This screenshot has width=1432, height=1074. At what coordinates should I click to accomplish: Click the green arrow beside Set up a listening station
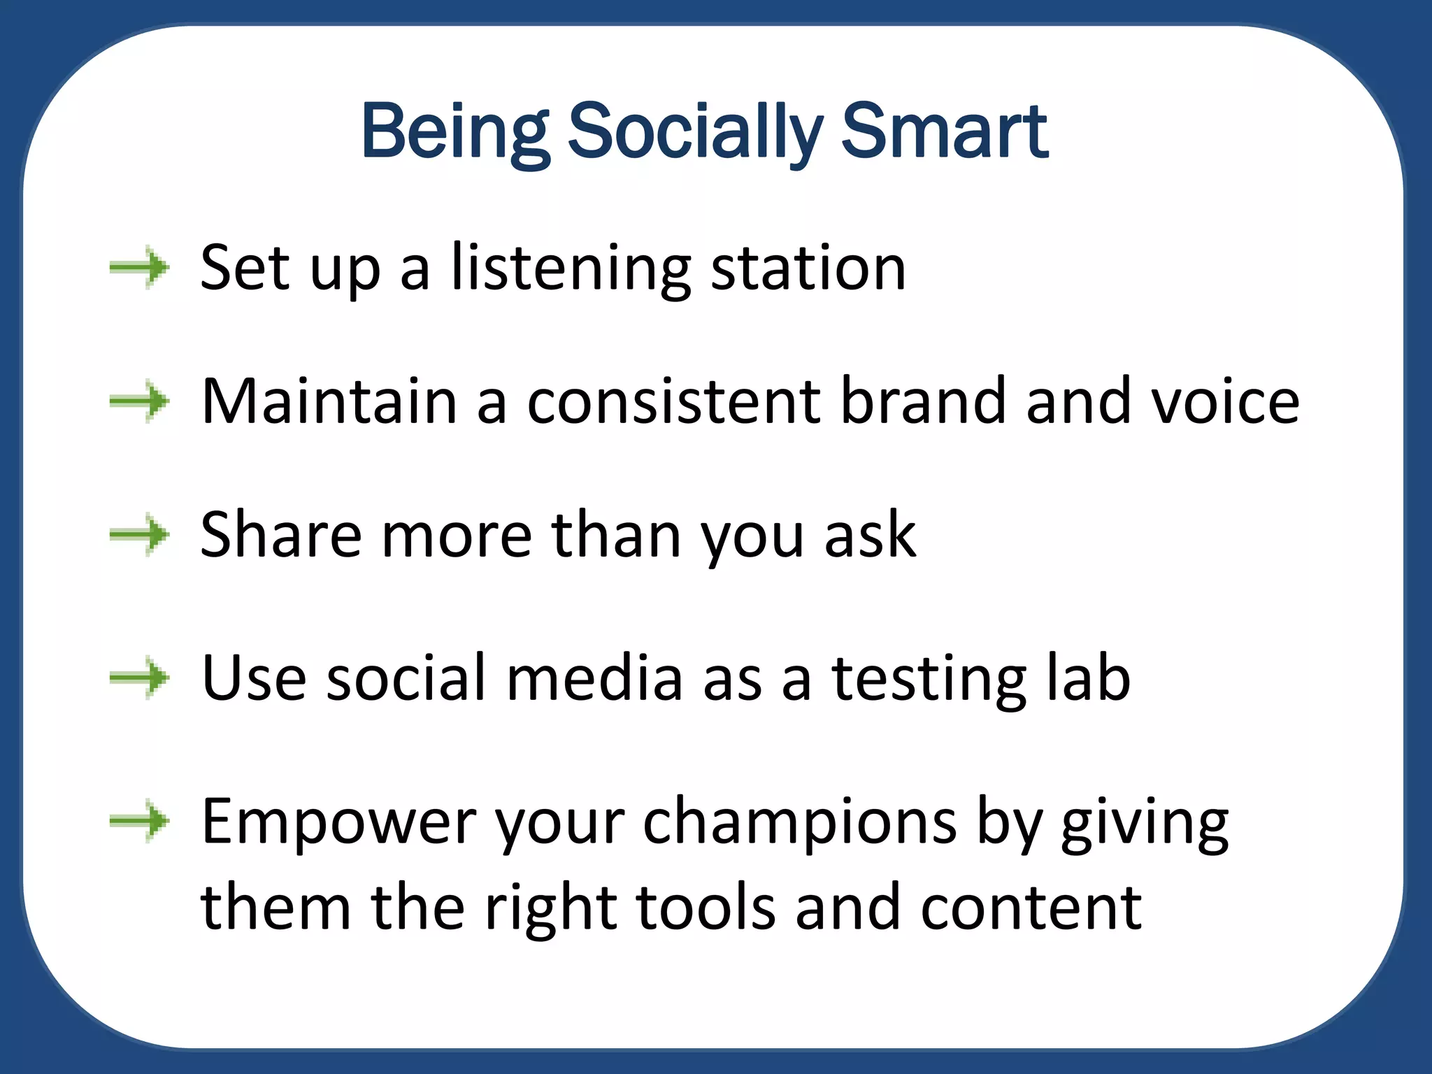(139, 267)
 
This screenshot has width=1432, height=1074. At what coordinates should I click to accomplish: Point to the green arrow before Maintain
(139, 401)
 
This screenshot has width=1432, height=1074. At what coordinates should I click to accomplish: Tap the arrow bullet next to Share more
(139, 535)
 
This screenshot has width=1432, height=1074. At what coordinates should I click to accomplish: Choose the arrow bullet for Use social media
(139, 678)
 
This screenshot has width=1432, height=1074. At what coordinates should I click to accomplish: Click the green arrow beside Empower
(139, 821)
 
